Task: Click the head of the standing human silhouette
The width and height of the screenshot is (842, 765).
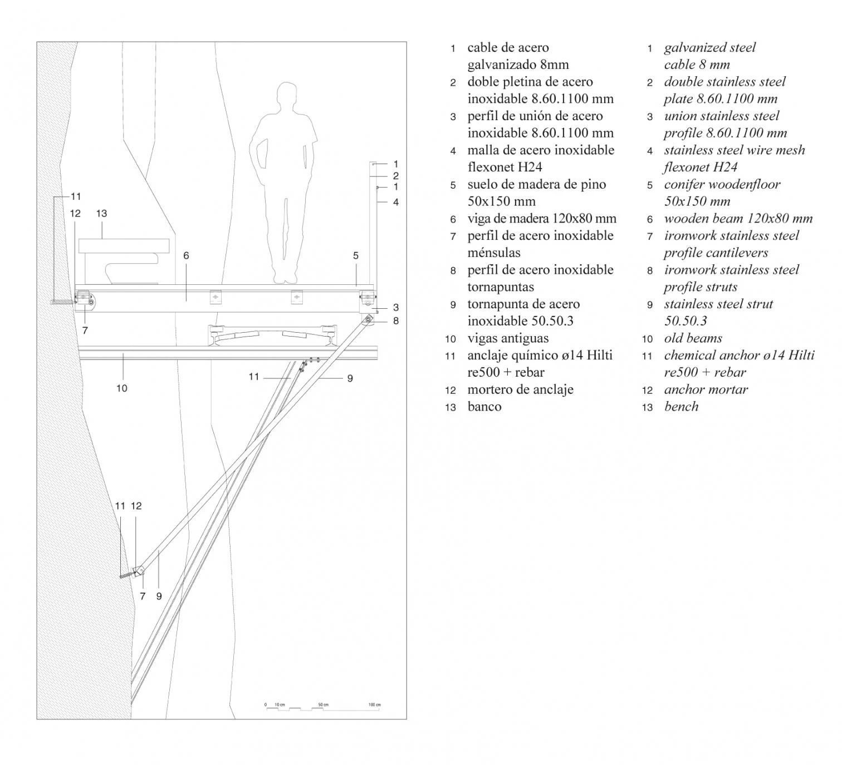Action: [x=286, y=96]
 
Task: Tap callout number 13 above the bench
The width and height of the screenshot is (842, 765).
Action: [x=101, y=213]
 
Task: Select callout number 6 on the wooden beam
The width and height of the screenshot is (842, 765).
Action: [x=186, y=255]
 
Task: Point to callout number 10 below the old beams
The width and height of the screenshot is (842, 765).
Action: [x=122, y=388]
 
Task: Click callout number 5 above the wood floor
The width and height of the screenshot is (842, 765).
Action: [x=356, y=255]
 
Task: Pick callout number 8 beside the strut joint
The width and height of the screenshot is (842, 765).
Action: [x=396, y=320]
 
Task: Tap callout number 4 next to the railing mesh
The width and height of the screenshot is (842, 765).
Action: [x=396, y=202]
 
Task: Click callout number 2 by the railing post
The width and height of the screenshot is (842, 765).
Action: [x=396, y=175]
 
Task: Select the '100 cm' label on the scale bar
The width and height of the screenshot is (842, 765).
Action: [x=374, y=705]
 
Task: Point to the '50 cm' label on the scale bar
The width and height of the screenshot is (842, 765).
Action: [x=323, y=705]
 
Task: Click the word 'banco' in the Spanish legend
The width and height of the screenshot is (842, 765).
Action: [x=484, y=407]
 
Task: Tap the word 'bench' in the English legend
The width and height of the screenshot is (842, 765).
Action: [x=681, y=407]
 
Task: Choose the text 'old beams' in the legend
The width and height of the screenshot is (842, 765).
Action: [x=693, y=338]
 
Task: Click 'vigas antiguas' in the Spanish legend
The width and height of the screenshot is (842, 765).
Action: [x=508, y=338]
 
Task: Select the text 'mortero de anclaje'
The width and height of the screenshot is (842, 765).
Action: [x=520, y=389]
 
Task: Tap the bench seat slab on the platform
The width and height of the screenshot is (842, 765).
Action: [x=124, y=245]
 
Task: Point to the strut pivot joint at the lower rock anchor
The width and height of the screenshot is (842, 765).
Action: [x=141, y=570]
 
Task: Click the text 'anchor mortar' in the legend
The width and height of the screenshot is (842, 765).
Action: [x=706, y=389]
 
